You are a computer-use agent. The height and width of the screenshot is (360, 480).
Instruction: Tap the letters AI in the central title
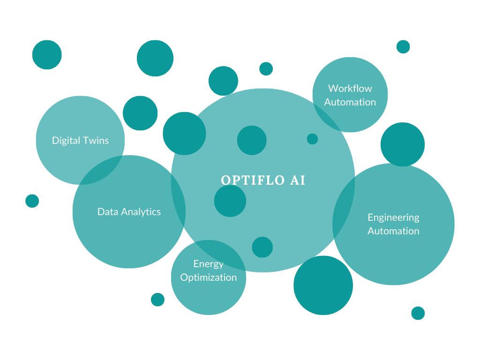coord(298,180)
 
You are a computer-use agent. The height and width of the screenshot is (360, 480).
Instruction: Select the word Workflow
coord(350,88)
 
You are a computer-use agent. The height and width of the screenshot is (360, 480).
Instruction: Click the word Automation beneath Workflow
coord(350,102)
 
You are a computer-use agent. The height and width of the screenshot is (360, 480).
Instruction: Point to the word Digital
coord(66,140)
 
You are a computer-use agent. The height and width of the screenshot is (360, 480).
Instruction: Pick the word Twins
coord(96,140)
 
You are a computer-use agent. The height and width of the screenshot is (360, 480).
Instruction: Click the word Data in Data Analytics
coord(106,212)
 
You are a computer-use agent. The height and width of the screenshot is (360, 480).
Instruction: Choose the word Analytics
coord(139,212)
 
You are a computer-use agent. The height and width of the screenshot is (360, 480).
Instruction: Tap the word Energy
coord(208,263)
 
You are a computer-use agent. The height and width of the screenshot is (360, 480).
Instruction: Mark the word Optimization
coord(208,277)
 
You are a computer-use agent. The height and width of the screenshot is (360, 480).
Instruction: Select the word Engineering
coord(393,217)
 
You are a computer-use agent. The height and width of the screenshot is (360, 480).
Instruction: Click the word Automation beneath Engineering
coord(393,231)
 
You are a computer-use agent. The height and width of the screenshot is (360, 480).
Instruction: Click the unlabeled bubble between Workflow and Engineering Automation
coord(402,144)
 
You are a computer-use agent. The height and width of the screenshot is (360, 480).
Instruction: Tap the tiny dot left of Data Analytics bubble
coord(32,201)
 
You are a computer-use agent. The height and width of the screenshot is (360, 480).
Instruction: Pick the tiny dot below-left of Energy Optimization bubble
coord(157,299)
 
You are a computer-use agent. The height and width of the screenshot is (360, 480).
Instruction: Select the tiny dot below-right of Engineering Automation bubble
coord(418,313)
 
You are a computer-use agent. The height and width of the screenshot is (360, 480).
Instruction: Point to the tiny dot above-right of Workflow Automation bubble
coord(403,47)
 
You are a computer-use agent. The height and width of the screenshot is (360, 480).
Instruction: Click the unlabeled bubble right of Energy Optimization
coord(323,285)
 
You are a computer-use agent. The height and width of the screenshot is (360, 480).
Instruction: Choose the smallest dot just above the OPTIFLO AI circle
coord(266,68)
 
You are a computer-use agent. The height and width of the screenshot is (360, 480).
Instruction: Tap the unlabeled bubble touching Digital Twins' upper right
coord(140,113)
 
